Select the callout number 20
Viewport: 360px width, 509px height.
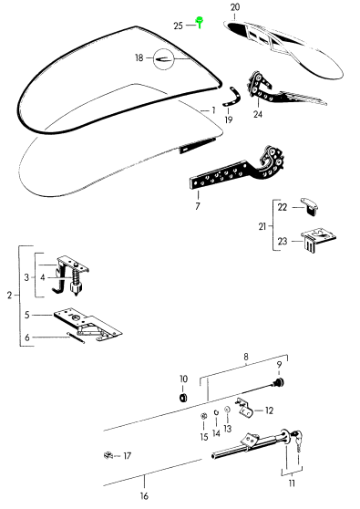coord(235,7)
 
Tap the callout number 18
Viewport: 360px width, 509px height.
coord(139,57)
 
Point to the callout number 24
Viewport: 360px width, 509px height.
coord(258,115)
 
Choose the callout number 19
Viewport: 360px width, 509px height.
coord(228,119)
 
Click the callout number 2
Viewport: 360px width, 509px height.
coord(9,296)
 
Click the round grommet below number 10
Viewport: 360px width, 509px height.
coord(183,398)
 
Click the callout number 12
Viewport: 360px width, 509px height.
coord(271,410)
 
